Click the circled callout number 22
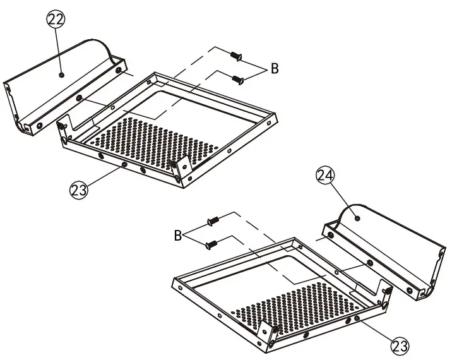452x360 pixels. pyautogui.click(x=56, y=20)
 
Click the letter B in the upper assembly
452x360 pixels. pyautogui.click(x=275, y=69)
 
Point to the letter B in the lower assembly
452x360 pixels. pyautogui.click(x=179, y=236)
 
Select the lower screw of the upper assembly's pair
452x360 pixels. pyautogui.click(x=237, y=80)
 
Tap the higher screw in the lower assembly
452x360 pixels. pyautogui.click(x=213, y=222)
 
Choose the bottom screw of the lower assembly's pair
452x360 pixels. pyautogui.click(x=211, y=243)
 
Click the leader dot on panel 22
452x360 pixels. pyautogui.click(x=61, y=75)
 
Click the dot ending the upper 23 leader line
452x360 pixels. pyautogui.click(x=124, y=165)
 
